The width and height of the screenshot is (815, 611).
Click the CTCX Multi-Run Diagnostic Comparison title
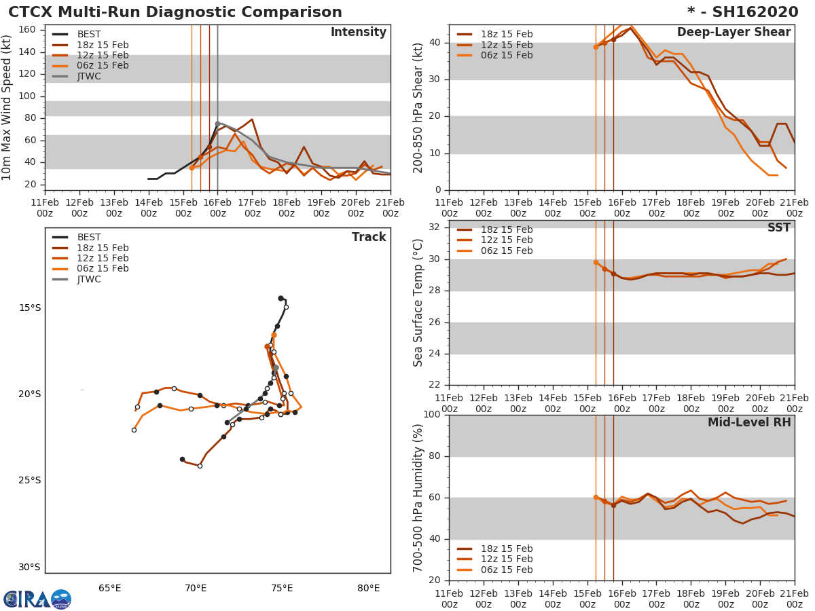click(x=175, y=12)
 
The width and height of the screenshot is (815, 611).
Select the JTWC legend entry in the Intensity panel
click(x=88, y=76)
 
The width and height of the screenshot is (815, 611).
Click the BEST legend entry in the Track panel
click(x=88, y=237)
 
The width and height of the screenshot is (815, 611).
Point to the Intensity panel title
click(x=358, y=33)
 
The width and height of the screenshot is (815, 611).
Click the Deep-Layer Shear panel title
click(x=733, y=33)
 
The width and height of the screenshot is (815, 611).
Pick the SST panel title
click(x=779, y=228)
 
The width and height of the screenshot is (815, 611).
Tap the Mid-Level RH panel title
click(x=749, y=422)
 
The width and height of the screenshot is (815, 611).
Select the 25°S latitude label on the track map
click(x=29, y=481)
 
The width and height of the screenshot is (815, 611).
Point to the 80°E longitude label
click(x=368, y=588)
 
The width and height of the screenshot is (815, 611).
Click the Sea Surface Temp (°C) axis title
click(x=418, y=303)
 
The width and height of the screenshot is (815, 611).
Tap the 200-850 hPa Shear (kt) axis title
click(x=418, y=108)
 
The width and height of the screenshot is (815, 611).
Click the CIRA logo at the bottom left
click(x=37, y=599)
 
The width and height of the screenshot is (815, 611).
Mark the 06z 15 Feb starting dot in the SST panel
click(x=596, y=262)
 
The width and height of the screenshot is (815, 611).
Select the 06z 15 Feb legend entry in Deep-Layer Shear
click(x=507, y=55)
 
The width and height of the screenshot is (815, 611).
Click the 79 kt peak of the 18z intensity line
click(x=252, y=119)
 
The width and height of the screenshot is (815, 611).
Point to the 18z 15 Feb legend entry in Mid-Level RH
click(x=507, y=549)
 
